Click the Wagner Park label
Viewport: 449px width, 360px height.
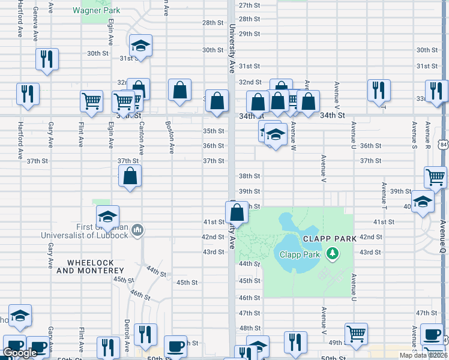click(x=96, y=10)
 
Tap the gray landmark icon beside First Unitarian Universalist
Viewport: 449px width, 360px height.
click(x=137, y=230)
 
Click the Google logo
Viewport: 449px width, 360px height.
click(x=20, y=353)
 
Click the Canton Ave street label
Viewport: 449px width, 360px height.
click(x=141, y=137)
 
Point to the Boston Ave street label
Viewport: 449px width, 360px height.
click(x=171, y=137)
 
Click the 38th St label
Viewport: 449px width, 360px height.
click(x=249, y=176)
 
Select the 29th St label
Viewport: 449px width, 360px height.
click(x=249, y=34)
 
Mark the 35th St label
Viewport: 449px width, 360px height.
click(x=213, y=131)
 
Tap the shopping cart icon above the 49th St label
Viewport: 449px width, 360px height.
click(x=356, y=333)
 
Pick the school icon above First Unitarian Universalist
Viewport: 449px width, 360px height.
click(x=108, y=217)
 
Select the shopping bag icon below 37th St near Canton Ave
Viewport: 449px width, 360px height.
click(x=130, y=176)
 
